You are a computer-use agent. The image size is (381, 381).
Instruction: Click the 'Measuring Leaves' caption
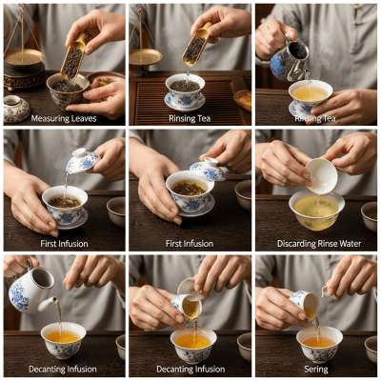[63, 118]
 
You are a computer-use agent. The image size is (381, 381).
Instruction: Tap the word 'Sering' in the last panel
[317, 370]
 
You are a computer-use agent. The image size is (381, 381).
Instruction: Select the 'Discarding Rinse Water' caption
[317, 244]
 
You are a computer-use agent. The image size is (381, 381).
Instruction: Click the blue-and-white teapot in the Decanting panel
[30, 288]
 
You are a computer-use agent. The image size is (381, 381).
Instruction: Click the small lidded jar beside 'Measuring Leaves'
[15, 109]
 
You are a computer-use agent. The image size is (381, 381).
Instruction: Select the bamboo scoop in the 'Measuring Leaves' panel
[71, 57]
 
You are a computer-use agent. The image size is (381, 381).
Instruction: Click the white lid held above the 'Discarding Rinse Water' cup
[320, 174]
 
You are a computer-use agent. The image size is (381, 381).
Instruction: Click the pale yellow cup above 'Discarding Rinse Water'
[316, 207]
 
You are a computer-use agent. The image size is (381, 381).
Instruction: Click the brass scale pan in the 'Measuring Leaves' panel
[23, 57]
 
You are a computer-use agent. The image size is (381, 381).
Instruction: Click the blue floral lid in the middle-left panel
[82, 161]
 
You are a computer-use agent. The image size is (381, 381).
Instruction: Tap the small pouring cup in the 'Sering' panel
[304, 305]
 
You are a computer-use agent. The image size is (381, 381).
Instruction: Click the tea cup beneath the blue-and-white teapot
[63, 338]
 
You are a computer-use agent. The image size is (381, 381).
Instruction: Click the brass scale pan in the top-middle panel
[146, 56]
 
